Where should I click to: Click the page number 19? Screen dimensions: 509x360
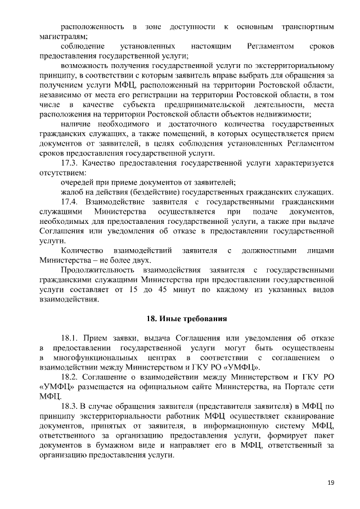pyautogui.click(x=330, y=483)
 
